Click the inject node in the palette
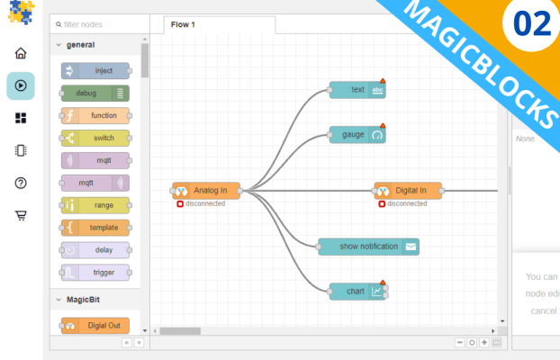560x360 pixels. [95, 70]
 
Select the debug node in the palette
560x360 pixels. [95, 93]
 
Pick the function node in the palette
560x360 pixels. [95, 115]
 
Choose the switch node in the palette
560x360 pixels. [95, 138]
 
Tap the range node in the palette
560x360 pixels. [95, 205]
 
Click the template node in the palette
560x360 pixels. [95, 228]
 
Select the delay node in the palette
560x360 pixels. [95, 250]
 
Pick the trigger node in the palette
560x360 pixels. [95, 272]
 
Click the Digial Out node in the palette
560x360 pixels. [95, 326]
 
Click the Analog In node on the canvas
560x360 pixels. [207, 190]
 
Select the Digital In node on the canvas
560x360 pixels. [409, 190]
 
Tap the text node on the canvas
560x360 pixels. [357, 89]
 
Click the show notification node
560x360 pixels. [368, 247]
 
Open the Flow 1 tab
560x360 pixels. [183, 24]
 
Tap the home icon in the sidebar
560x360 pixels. [21, 53]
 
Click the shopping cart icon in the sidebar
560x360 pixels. [21, 216]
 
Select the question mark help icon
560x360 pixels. [21, 184]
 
